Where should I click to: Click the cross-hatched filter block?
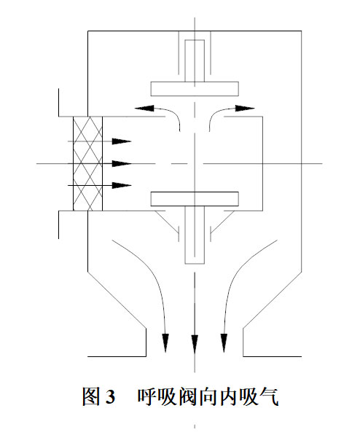pyautogui.click(x=87, y=164)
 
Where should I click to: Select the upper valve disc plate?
pyautogui.click(x=195, y=89)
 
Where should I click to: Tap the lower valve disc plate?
pyautogui.click(x=195, y=199)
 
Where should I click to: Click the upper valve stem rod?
pyautogui.click(x=195, y=60)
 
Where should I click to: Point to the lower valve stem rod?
pyautogui.click(x=195, y=235)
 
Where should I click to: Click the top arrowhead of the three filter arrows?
pyautogui.click(x=122, y=141)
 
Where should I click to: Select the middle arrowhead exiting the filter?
pyautogui.click(x=122, y=164)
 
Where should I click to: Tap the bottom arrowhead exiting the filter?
pyautogui.click(x=122, y=185)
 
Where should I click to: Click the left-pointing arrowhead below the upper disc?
pyautogui.click(x=144, y=108)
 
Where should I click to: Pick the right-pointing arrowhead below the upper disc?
pyautogui.click(x=245, y=108)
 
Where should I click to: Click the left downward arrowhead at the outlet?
pyautogui.click(x=165, y=343)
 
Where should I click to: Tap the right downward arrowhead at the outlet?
pyautogui.click(x=224, y=343)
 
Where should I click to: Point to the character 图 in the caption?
pyautogui.click(x=91, y=396)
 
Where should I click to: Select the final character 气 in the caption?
pyautogui.click(x=269, y=396)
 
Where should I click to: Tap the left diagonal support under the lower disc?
pyautogui.click(x=167, y=221)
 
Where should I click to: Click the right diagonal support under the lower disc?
pyautogui.click(x=222, y=221)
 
